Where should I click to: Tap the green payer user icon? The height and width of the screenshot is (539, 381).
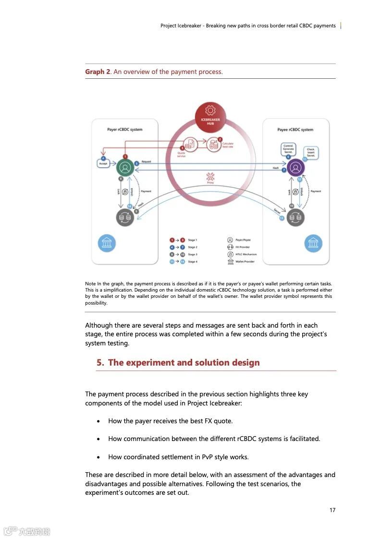pos(125,168)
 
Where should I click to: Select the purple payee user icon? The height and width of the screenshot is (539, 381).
pos(296,168)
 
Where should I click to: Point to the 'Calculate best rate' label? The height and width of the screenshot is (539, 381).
pos(228,145)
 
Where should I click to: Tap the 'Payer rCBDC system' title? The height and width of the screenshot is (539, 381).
pos(124,130)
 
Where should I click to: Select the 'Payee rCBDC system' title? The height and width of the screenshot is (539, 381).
pos(295,130)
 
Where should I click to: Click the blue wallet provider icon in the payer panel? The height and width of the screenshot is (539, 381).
pos(107,243)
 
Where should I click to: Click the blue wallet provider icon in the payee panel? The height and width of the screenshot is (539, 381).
pos(313,243)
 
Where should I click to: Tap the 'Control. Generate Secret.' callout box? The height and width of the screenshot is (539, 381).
pos(288,148)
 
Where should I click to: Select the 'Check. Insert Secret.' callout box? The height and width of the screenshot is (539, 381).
pos(311,152)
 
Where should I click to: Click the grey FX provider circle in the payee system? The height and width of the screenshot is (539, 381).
pos(295,218)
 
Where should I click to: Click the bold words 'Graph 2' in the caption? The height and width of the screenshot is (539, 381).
pos(98,72)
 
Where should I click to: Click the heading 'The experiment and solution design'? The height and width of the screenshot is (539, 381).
pos(184,363)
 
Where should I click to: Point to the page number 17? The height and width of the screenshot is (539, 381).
pos(332,510)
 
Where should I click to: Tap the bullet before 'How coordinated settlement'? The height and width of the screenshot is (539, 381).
pos(98,457)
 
